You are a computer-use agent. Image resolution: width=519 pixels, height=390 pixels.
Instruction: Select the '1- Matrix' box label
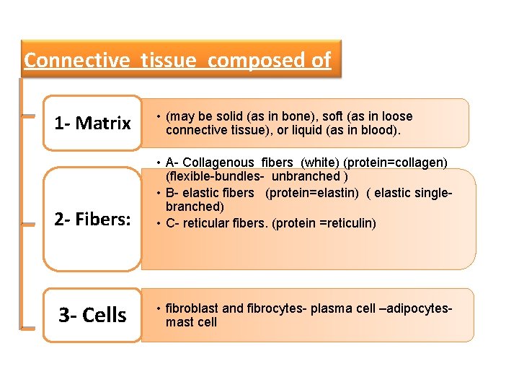click(92, 123)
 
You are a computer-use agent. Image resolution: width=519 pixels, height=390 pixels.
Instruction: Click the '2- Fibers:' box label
click(92, 220)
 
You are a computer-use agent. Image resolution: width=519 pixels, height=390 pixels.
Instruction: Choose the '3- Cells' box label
click(92, 316)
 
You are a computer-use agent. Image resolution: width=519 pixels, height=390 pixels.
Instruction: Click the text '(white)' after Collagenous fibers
click(323, 162)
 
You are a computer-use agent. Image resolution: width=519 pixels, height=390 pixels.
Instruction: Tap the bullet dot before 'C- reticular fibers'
click(156, 223)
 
